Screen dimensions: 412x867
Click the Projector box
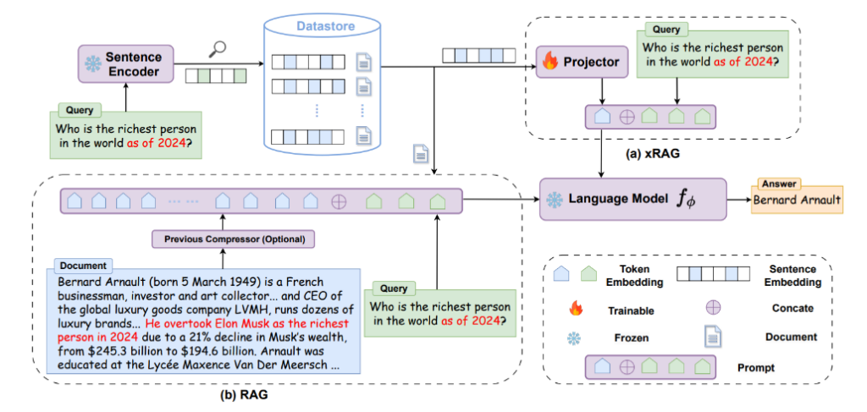click(x=582, y=62)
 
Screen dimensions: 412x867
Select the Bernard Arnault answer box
click(x=798, y=201)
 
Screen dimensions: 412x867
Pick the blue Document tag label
click(x=80, y=266)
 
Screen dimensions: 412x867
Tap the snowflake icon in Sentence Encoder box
click(x=91, y=64)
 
